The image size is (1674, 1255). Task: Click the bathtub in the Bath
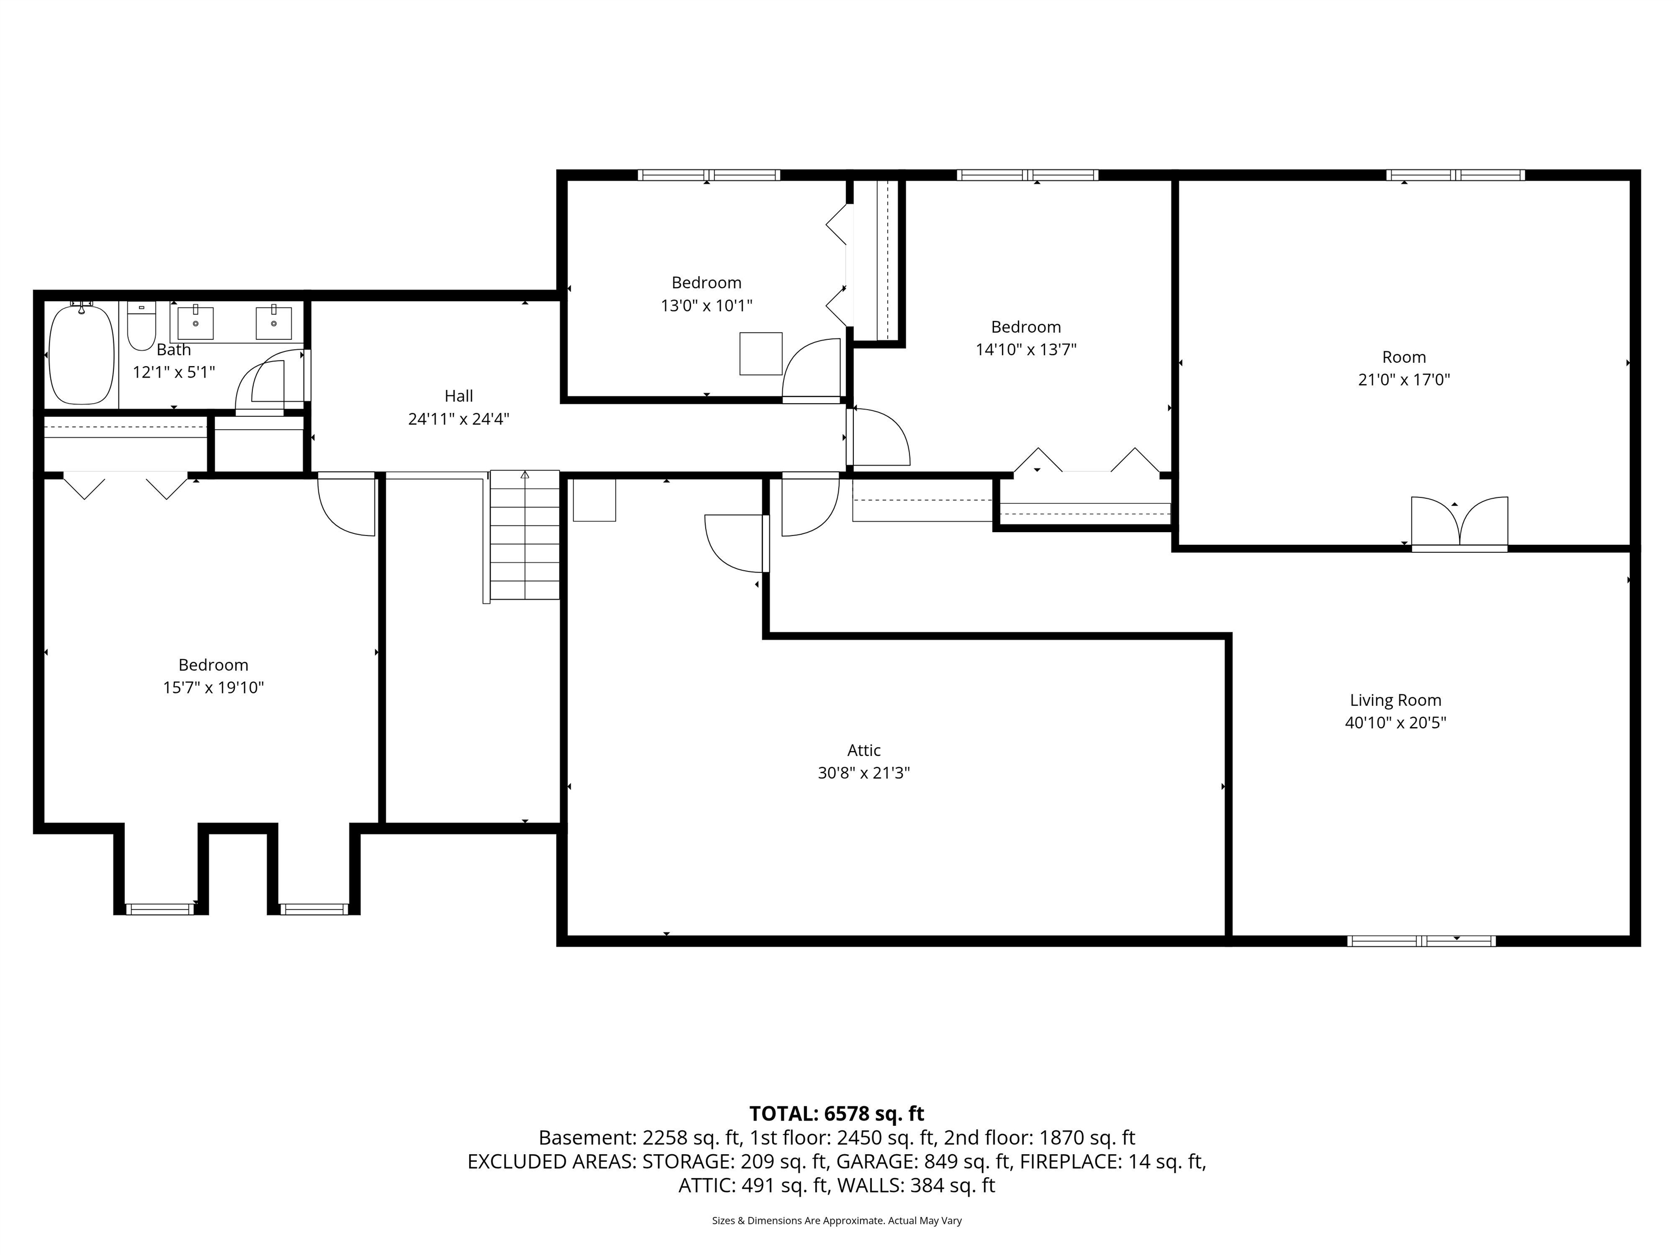pyautogui.click(x=81, y=354)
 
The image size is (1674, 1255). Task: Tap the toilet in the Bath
pyautogui.click(x=141, y=327)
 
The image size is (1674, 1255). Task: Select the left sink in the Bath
pyautogui.click(x=195, y=323)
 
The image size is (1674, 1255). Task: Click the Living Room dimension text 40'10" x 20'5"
pyautogui.click(x=1395, y=722)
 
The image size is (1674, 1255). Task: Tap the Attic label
pyautogui.click(x=864, y=751)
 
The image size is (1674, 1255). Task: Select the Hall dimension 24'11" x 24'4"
pyautogui.click(x=459, y=419)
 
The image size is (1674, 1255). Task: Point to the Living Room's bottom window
pyautogui.click(x=1421, y=941)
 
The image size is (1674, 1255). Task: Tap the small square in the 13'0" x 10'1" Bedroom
pyautogui.click(x=761, y=354)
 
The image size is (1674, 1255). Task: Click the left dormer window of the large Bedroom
pyautogui.click(x=160, y=909)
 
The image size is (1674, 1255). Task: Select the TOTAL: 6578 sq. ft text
pyautogui.click(x=836, y=1113)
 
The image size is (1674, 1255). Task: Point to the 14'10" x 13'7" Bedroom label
pyautogui.click(x=1026, y=327)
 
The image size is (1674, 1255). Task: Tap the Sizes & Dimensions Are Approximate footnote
pyautogui.click(x=836, y=1220)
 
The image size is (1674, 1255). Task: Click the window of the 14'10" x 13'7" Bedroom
pyautogui.click(x=1027, y=175)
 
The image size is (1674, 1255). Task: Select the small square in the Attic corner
pyautogui.click(x=594, y=499)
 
